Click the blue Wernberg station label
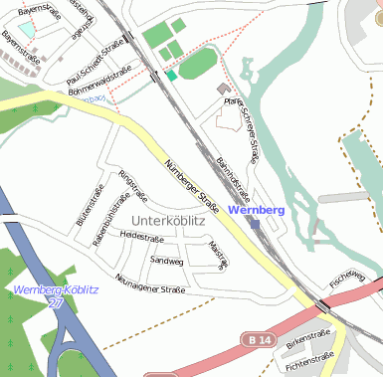(257, 211)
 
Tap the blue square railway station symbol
(256, 224)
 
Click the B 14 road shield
(259, 340)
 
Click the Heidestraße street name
(141, 237)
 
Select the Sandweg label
(166, 261)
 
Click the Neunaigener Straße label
(149, 284)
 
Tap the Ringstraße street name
(132, 186)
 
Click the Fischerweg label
(348, 276)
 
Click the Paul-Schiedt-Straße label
(94, 63)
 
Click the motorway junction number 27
(57, 302)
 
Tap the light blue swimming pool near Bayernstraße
(24, 30)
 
